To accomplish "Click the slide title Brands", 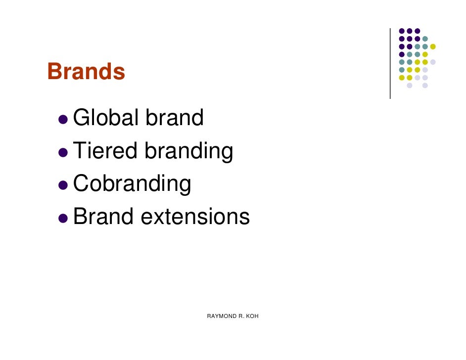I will [x=86, y=72].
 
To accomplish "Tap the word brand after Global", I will [x=174, y=118].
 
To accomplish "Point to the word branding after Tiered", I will [x=188, y=152].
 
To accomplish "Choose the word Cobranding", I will [x=132, y=184].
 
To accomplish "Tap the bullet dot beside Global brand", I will [x=63, y=120].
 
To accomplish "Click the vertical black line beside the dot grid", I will [x=390, y=63].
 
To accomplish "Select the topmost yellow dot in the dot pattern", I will [x=433, y=46].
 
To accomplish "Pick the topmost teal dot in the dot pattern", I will [x=425, y=39].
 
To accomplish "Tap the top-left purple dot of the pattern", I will [x=402, y=31].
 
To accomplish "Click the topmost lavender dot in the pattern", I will [x=433, y=62].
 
